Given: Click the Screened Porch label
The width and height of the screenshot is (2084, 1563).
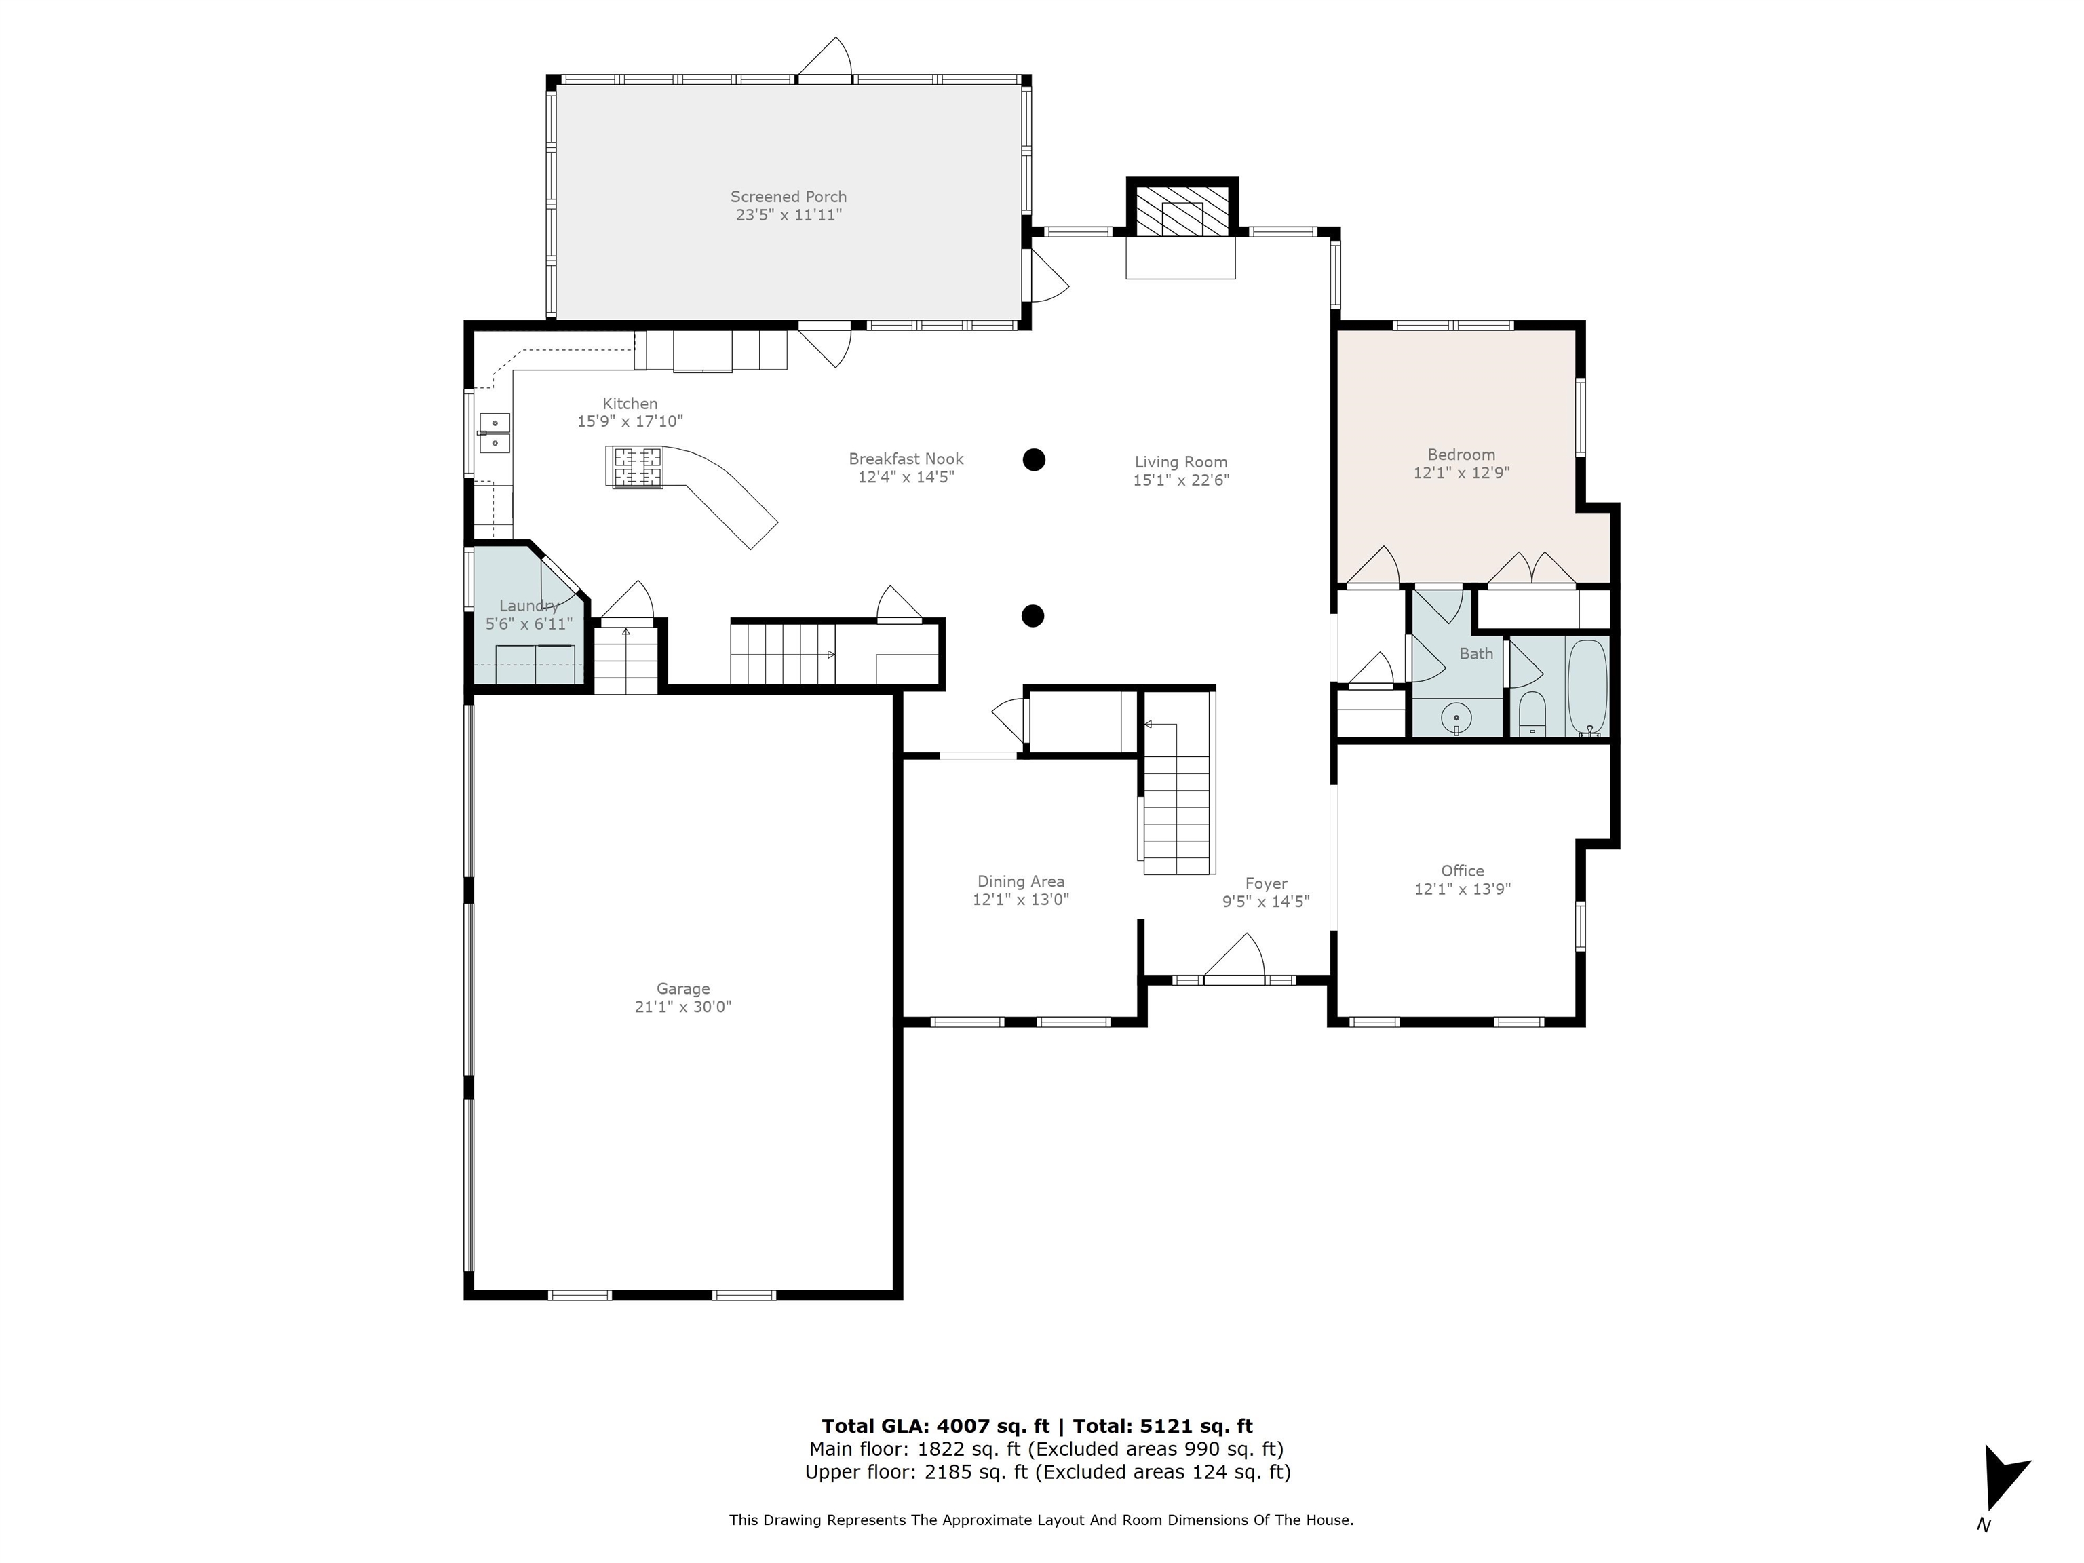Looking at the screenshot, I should click(x=788, y=197).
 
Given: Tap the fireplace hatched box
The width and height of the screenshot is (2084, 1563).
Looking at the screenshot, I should click(x=1182, y=210).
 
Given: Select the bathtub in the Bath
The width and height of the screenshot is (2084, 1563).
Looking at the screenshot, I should click(x=1587, y=686).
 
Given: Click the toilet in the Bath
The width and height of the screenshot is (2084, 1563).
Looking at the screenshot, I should click(x=1532, y=713).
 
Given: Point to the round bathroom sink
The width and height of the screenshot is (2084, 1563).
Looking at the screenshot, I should click(x=1456, y=718).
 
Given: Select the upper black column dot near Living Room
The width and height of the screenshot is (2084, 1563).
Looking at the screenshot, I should click(x=1034, y=460).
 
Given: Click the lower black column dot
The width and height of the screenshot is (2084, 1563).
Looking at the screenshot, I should click(x=1033, y=616).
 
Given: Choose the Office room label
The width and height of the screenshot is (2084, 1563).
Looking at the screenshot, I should click(x=1461, y=870).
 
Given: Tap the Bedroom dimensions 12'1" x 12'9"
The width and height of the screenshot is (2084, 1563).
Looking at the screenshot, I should click(x=1461, y=473).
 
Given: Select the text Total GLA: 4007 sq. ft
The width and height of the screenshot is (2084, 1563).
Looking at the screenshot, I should click(x=935, y=1425).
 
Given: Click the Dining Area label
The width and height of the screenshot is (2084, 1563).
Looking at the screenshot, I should click(x=1020, y=881).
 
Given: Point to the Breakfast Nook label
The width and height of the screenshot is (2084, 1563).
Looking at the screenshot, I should click(x=906, y=459).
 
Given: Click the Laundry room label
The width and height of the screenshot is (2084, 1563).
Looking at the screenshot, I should click(x=528, y=606).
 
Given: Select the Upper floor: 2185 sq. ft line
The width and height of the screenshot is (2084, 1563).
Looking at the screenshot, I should click(x=1047, y=1471).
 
